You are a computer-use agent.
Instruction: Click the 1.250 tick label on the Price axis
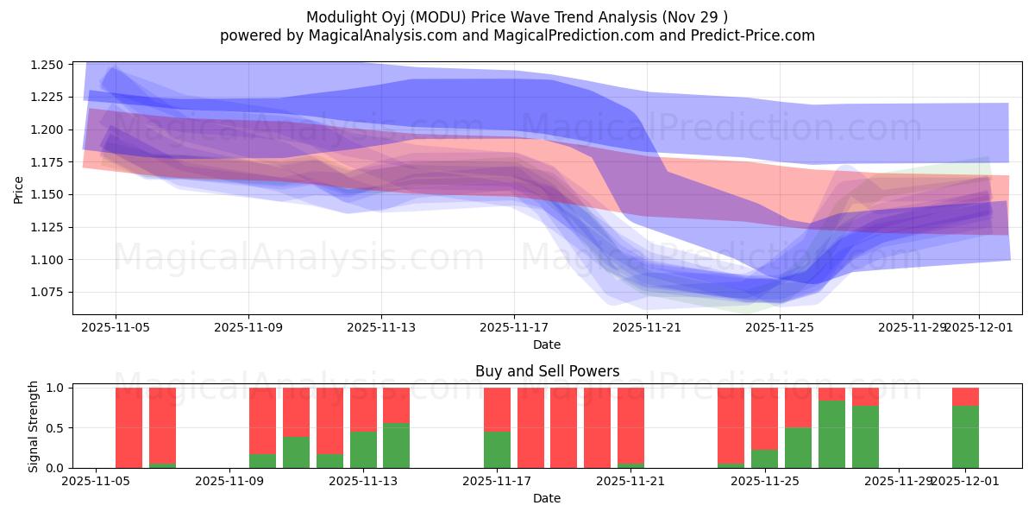point(47,65)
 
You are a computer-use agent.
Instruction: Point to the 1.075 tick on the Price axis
point(47,292)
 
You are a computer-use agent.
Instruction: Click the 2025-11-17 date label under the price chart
point(514,327)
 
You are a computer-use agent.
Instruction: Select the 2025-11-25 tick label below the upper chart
point(780,327)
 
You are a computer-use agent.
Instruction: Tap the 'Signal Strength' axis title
point(34,426)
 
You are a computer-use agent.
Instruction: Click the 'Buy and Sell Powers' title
point(547,371)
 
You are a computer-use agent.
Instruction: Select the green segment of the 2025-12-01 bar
point(965,436)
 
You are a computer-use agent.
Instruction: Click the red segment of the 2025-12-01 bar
point(965,396)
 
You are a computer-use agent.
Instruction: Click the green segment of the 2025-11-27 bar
point(865,436)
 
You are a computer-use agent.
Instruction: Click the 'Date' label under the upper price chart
point(547,344)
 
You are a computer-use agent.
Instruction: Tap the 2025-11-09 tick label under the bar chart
point(230,481)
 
